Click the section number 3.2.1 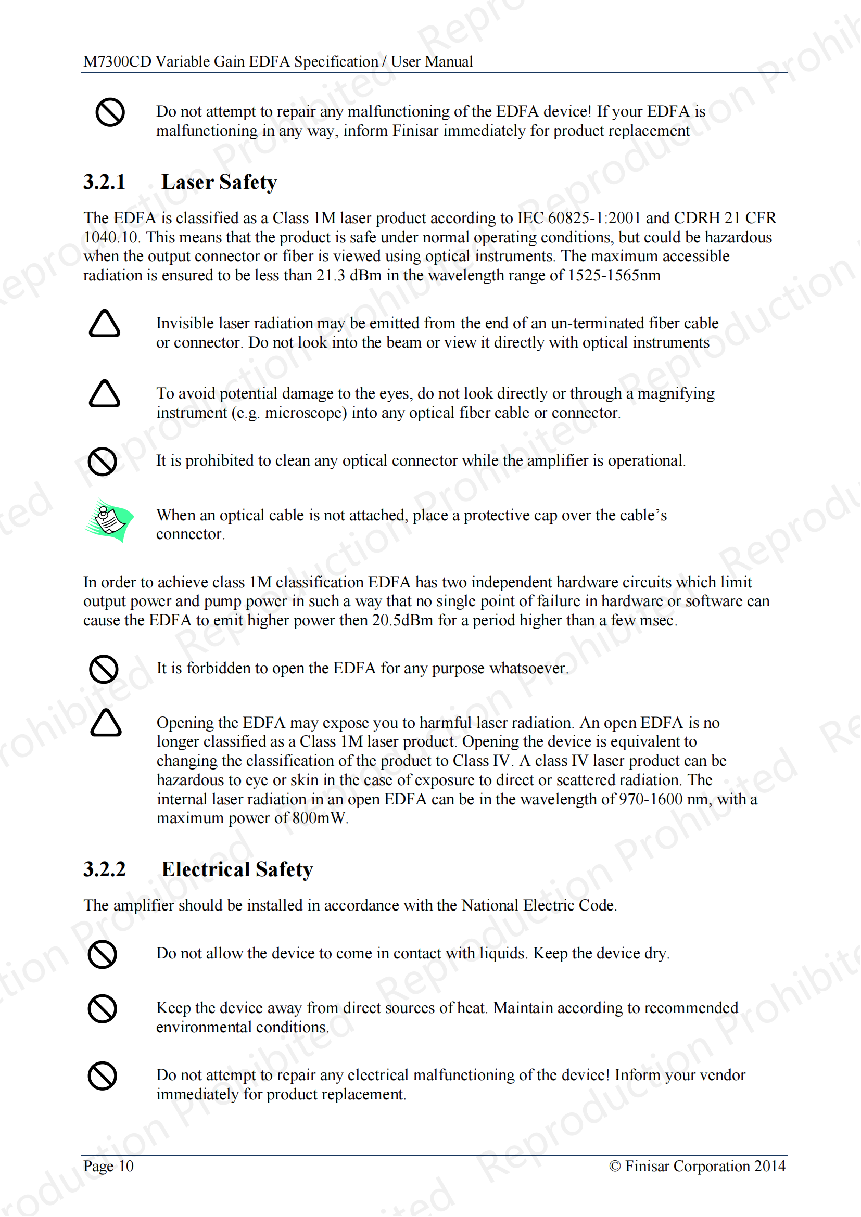(x=105, y=182)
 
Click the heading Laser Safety (x=219, y=182)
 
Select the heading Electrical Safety (x=237, y=870)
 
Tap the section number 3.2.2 (x=105, y=870)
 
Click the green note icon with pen (x=109, y=520)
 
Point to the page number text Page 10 (x=108, y=1166)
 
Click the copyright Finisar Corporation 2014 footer (x=697, y=1166)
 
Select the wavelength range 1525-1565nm (x=614, y=276)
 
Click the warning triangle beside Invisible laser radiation (x=105, y=324)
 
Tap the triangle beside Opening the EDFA (x=106, y=723)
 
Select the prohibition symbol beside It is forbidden (x=104, y=669)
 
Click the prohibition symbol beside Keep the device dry (x=103, y=955)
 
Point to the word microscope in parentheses (x=306, y=413)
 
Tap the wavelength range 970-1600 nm (x=665, y=799)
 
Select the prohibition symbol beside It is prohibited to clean (x=103, y=462)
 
